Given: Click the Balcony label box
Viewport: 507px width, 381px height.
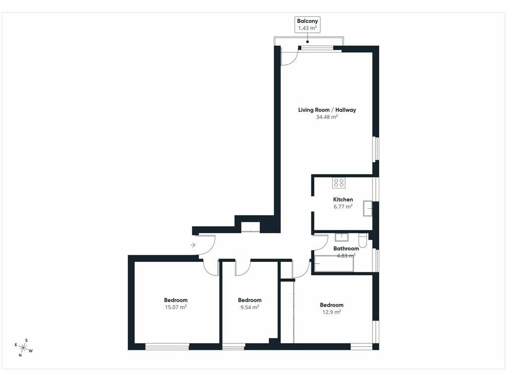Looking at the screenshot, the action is coord(307,24).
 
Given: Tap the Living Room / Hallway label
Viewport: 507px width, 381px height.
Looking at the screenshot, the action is coord(327,110).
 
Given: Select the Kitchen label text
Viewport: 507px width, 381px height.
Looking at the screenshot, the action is coord(343,199).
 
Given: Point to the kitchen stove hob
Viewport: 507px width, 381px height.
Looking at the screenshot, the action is coord(339,183).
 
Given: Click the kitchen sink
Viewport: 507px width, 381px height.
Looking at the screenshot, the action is coord(367,208).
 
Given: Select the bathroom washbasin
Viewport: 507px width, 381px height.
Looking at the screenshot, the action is coord(342,237).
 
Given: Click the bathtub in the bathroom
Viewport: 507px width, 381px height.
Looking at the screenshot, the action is coord(334,263).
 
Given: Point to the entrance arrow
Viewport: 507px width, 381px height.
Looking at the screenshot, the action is coord(193,245).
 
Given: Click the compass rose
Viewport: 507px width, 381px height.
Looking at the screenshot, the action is coord(23,348).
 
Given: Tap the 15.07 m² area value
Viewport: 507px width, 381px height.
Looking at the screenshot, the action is coord(176,307).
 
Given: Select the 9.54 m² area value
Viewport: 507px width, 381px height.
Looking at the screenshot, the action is coord(250,307).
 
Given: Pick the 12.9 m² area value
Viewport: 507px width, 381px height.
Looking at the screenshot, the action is coord(331,312).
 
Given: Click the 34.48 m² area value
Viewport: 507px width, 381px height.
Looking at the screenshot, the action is coord(327,117).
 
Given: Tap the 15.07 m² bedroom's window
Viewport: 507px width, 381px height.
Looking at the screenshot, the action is coord(167,347).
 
